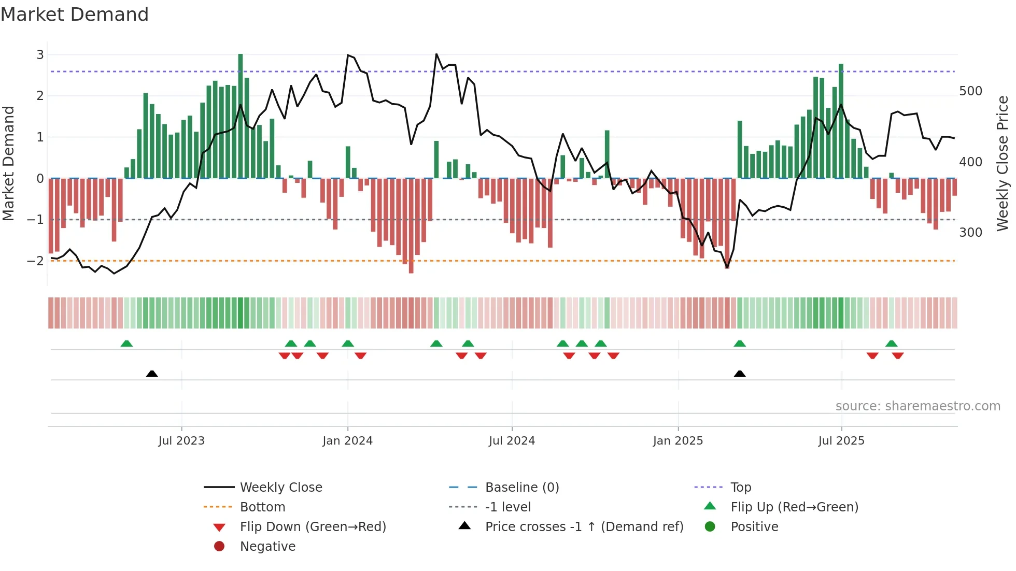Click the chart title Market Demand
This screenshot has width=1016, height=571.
pos(75,15)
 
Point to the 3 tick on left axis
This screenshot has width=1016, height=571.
pos(40,54)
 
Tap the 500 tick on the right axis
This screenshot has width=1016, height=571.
pos(970,91)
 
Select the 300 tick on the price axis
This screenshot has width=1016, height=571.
pos(970,233)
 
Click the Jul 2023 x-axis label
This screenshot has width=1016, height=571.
pos(181,441)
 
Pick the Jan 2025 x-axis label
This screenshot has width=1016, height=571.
pos(678,441)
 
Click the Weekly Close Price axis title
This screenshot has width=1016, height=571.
pos(1003,163)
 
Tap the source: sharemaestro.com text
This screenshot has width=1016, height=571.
pos(918,406)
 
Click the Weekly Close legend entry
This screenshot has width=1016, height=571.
pos(280,488)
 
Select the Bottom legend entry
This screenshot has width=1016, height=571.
pos(262,507)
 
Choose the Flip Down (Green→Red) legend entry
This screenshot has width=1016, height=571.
pos(313,527)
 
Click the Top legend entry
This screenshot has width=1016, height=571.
pos(740,488)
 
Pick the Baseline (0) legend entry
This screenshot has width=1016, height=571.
pos(521,488)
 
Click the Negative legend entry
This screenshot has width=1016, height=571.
pos(267,547)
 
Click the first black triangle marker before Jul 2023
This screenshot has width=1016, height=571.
pos(152,374)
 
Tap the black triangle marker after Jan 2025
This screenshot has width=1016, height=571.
pos(740,374)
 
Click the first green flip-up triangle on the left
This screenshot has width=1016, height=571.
pos(126,344)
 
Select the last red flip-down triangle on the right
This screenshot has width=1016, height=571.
pos(898,355)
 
